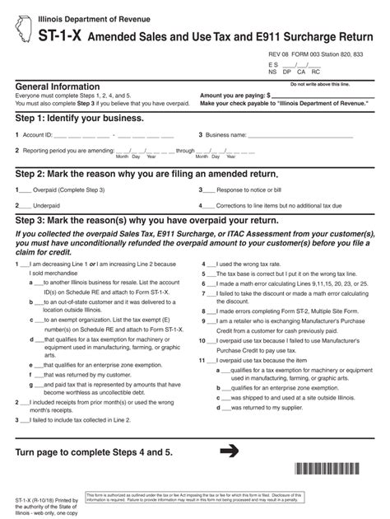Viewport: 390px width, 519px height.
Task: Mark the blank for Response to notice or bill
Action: [210, 189]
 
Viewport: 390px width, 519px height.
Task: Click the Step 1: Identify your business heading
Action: [80, 119]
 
